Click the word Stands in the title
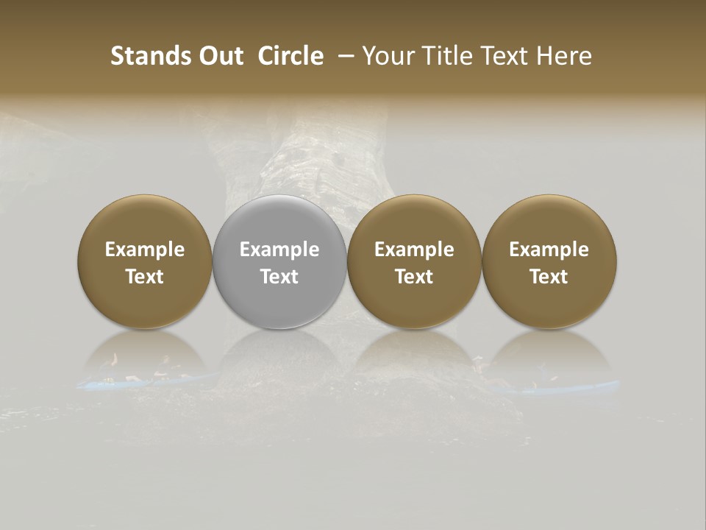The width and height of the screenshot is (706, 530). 151,56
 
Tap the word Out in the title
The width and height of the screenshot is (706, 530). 220,56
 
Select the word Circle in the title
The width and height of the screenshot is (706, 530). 290,56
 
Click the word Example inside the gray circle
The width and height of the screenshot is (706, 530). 279,250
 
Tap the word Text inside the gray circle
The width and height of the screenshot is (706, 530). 279,277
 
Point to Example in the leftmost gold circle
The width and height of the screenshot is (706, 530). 145,250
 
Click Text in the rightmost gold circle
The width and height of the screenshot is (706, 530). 549,277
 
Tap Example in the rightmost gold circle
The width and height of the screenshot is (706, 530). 549,250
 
